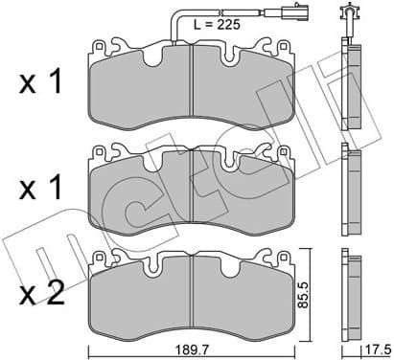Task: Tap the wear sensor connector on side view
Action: pyautogui.click(x=347, y=15)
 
